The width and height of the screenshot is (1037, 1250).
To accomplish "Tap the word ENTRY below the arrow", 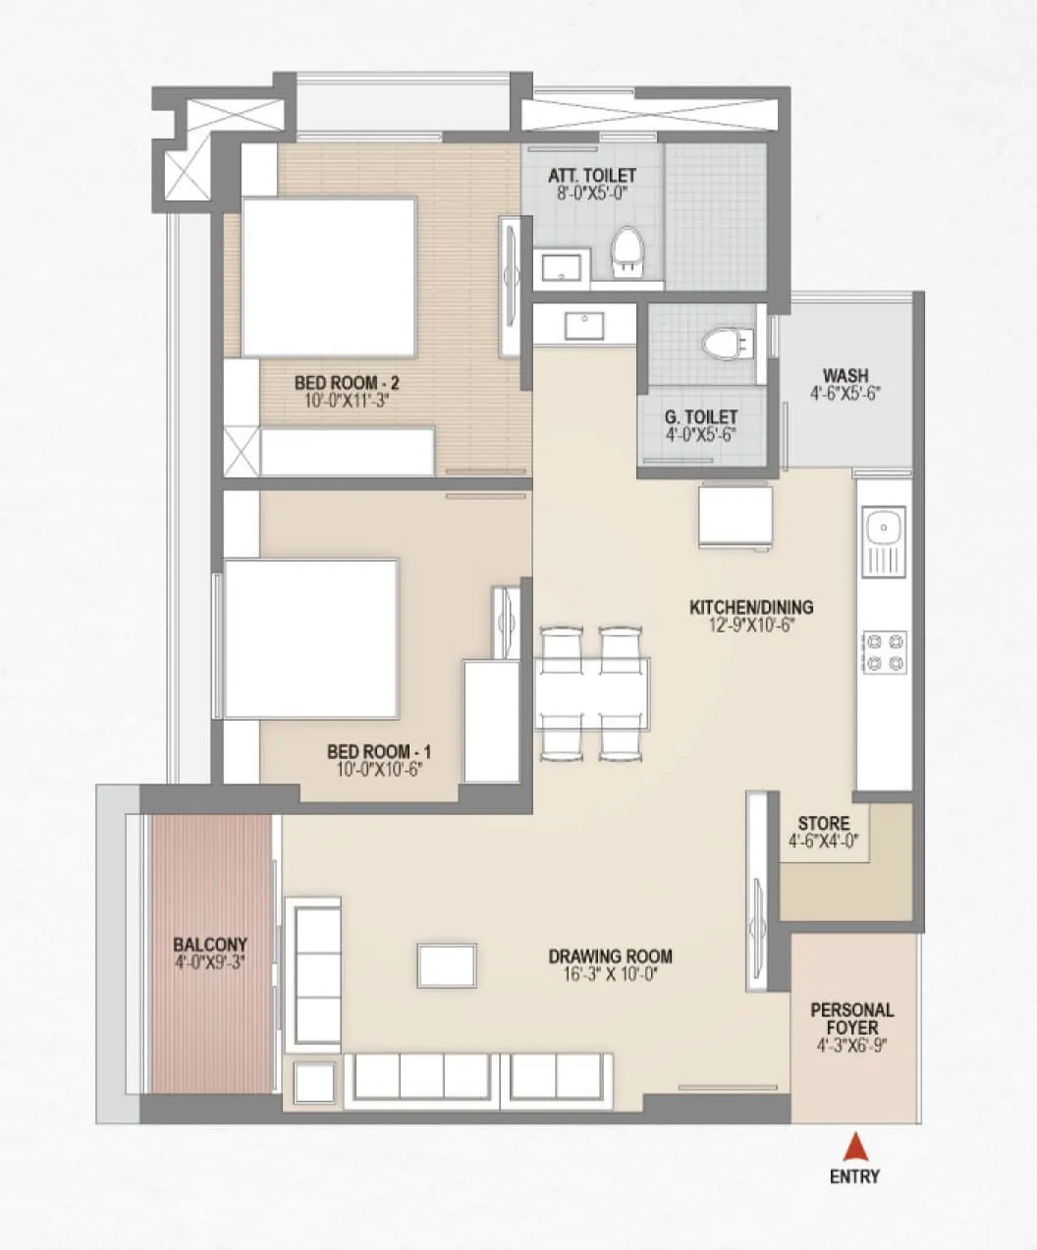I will pyautogui.click(x=854, y=1176).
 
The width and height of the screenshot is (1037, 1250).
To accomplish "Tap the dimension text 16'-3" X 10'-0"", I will pyautogui.click(x=610, y=973).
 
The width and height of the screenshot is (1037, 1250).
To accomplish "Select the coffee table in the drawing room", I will pyautogui.click(x=448, y=965).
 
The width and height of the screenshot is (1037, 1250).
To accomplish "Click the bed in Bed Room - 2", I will pyautogui.click(x=329, y=277).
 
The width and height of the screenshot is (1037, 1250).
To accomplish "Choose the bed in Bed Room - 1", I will pyautogui.click(x=311, y=639).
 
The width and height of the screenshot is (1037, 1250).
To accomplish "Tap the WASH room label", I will pyautogui.click(x=845, y=375).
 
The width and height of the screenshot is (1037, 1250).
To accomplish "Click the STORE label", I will pyautogui.click(x=823, y=823).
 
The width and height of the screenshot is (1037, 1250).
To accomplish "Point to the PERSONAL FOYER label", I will pyautogui.click(x=851, y=1018).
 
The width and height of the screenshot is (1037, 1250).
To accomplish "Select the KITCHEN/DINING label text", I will pyautogui.click(x=750, y=607).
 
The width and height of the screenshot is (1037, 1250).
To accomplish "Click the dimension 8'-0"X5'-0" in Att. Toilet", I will pyautogui.click(x=591, y=193).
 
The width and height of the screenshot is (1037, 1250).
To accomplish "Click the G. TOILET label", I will pyautogui.click(x=701, y=417).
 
